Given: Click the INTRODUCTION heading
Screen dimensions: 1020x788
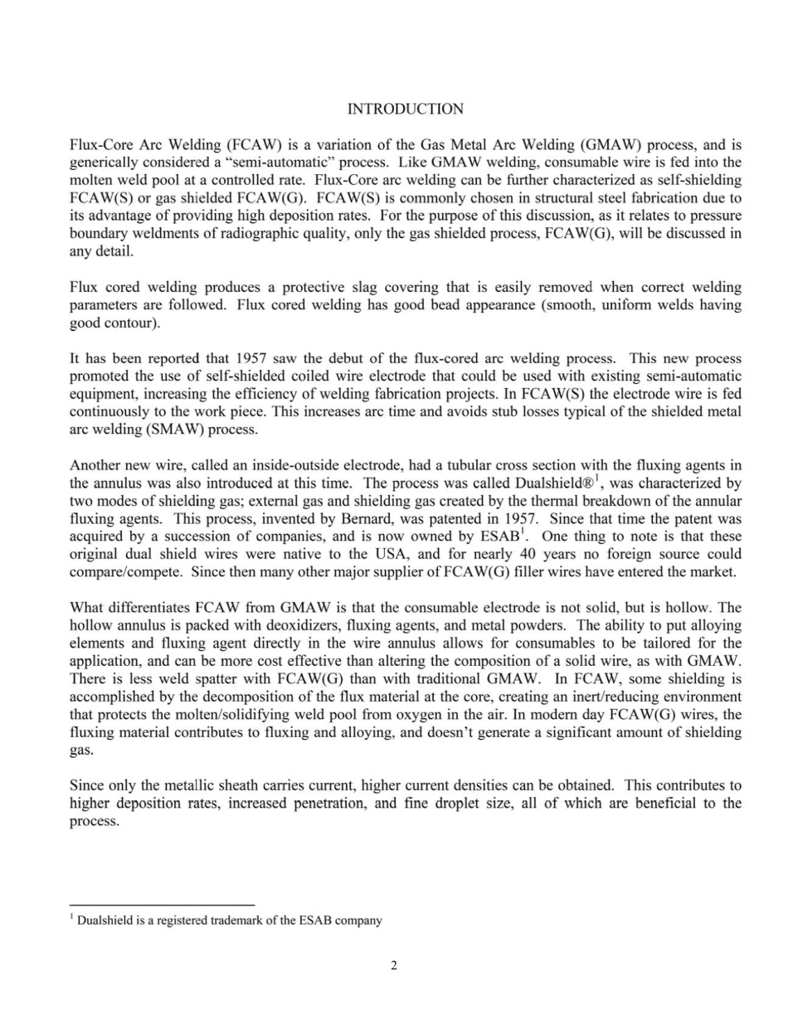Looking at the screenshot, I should (x=405, y=109).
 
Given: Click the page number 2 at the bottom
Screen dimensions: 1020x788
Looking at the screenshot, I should (x=393, y=965).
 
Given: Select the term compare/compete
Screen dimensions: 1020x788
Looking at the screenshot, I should (x=122, y=572).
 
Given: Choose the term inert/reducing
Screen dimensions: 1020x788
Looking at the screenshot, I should (x=615, y=697).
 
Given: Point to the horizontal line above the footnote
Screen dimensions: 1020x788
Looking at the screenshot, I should (x=162, y=905).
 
